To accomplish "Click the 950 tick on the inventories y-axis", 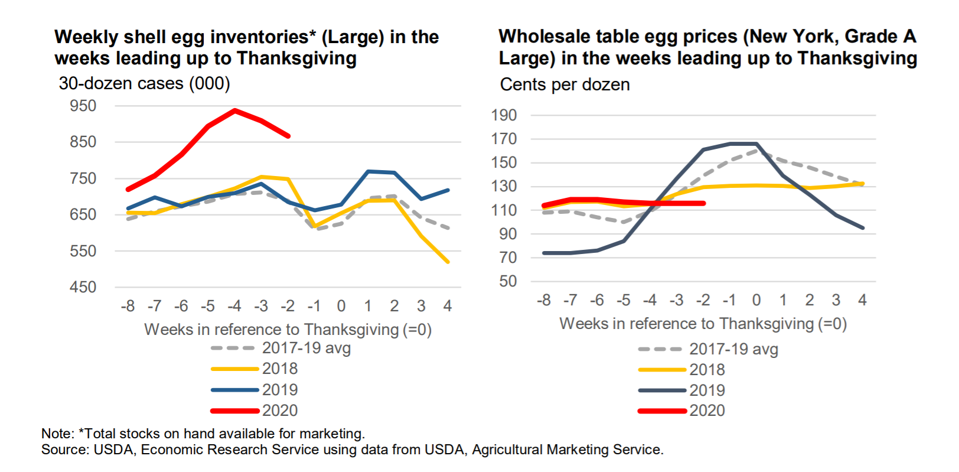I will click(83, 106).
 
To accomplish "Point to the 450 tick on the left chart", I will click(83, 287).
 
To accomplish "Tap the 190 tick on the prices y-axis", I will click(504, 115).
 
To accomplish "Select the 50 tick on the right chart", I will click(508, 281).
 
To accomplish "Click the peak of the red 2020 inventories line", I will click(235, 110).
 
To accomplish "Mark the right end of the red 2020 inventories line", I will click(288, 136).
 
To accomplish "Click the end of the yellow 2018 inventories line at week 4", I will click(448, 262).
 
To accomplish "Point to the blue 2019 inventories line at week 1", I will click(368, 171).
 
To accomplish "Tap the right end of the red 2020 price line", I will click(703, 203).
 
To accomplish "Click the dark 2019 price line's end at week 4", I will click(863, 227).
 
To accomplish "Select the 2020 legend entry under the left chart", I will click(279, 411).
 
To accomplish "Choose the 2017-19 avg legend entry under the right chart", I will click(733, 349).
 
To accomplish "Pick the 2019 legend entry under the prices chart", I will click(707, 390).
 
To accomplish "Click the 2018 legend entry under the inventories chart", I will click(279, 369).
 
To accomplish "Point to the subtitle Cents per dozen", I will click(565, 84).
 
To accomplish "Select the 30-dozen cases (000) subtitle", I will click(144, 83).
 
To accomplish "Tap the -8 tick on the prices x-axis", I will click(543, 300).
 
